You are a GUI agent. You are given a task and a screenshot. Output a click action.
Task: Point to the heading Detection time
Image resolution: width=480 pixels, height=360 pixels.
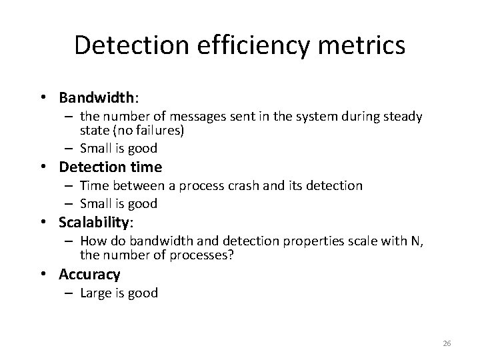(111, 167)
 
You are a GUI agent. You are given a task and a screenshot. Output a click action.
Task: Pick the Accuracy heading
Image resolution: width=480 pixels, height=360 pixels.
(89, 274)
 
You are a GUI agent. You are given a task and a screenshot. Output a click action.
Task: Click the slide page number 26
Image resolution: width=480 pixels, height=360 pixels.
(447, 343)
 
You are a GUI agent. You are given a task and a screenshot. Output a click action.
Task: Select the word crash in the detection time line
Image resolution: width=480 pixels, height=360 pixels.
(253, 185)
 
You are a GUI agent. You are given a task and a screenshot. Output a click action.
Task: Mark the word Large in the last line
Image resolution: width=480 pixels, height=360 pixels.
(95, 293)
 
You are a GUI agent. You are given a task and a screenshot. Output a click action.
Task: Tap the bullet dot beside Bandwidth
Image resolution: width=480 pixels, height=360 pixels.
(43, 99)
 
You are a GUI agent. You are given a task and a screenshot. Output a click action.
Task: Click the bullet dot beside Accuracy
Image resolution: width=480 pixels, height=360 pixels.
(43, 275)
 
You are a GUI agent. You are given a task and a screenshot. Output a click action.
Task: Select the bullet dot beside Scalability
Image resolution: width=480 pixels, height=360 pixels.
(43, 221)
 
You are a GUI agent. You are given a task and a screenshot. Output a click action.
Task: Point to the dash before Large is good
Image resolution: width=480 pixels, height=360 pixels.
(70, 293)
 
